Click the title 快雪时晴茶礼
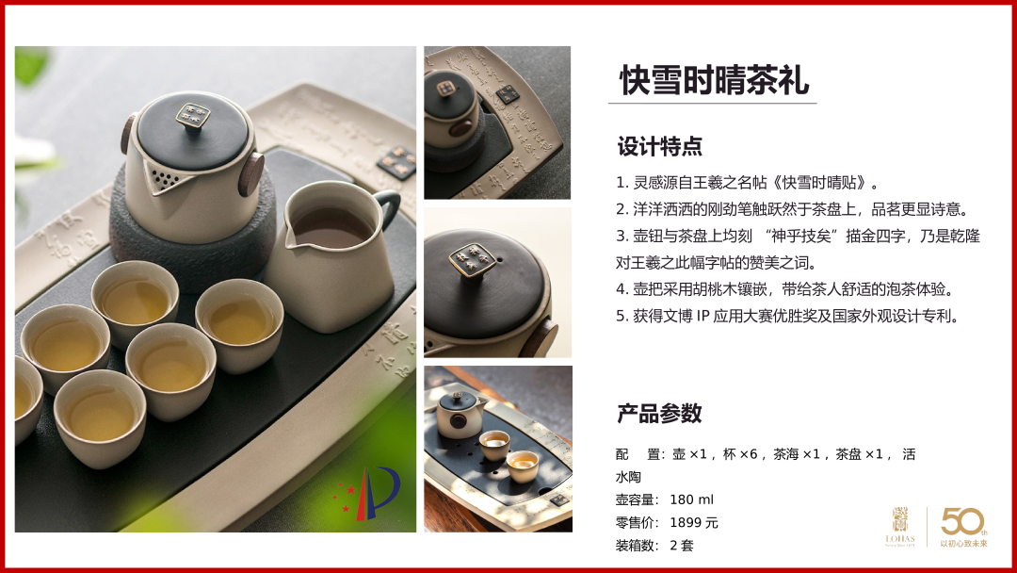[714, 80]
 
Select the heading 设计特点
[659, 147]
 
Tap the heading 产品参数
[659, 414]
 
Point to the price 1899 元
[694, 522]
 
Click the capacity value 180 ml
[691, 499]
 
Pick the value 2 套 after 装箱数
[682, 546]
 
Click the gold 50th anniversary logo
[964, 526]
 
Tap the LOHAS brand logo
[900, 527]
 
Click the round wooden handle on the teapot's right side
[251, 173]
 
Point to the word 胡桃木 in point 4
[706, 289]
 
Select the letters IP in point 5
[703, 317]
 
